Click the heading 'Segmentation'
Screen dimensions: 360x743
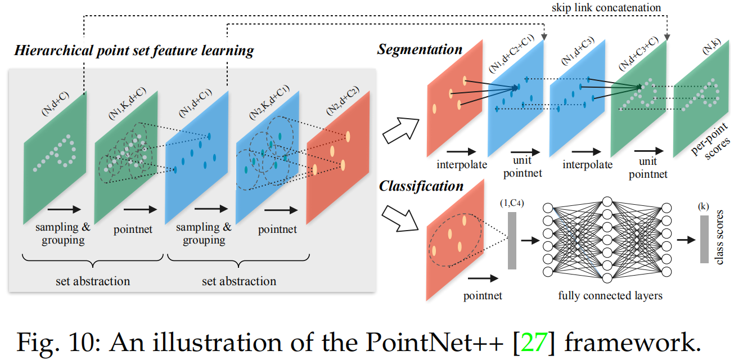[419, 49]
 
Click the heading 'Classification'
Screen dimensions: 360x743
[421, 186]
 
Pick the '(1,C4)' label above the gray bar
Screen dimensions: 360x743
[512, 204]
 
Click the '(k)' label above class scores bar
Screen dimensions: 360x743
[703, 206]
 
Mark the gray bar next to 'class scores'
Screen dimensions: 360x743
[704, 238]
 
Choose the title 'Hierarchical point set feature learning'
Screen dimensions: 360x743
[134, 51]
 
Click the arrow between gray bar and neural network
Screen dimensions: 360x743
[529, 240]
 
